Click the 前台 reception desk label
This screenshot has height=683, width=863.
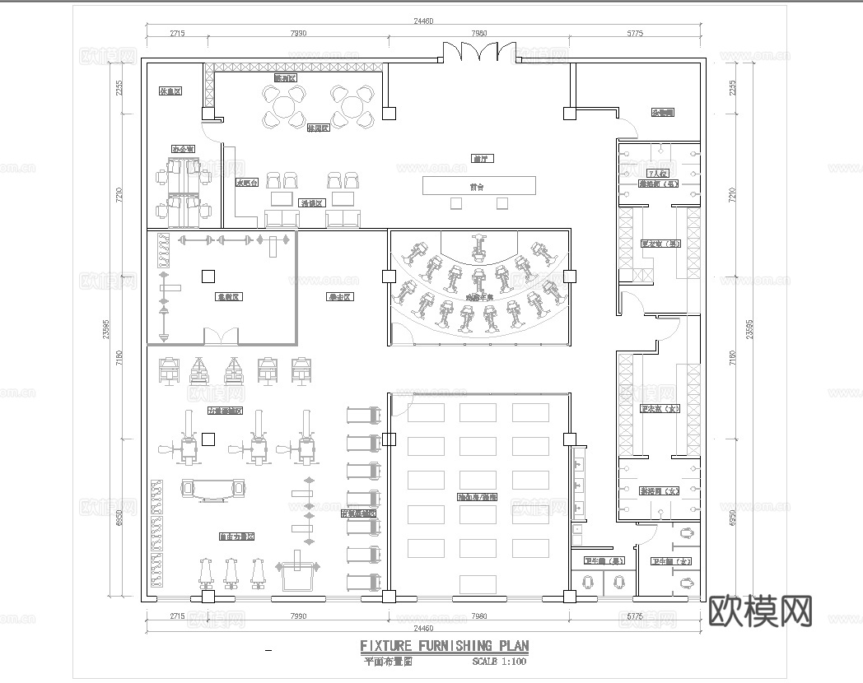tap(477, 187)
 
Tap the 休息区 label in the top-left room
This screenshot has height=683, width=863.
tap(170, 91)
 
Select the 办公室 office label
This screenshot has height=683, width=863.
tap(182, 149)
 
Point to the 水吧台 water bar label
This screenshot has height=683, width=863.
tap(247, 183)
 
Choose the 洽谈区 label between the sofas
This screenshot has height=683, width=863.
tap(313, 202)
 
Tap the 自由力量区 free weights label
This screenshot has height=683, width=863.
tap(236, 537)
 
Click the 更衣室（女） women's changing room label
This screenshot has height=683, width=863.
tap(660, 409)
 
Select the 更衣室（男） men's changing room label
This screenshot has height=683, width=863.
tap(660, 244)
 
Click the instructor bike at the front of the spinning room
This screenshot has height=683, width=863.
tap(477, 244)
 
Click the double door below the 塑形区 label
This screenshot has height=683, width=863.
tap(222, 336)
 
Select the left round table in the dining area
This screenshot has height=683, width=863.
tap(282, 106)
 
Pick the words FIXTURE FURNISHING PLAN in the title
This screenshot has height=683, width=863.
tap(445, 645)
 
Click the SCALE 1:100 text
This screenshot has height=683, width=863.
tap(499, 661)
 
